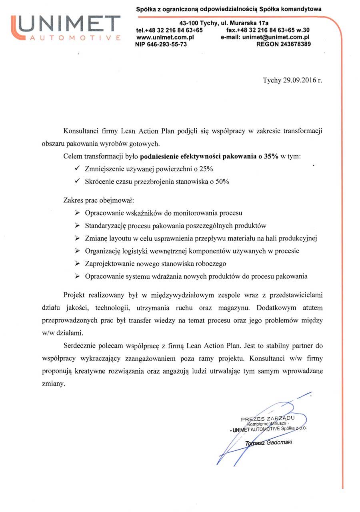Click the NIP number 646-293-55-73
pyautogui.click(x=170, y=44)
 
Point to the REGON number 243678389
pyautogui.click(x=294, y=44)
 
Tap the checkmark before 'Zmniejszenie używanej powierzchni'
pyautogui.click(x=77, y=169)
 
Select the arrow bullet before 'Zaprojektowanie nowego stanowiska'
pyautogui.click(x=77, y=264)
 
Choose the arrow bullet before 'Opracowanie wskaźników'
pyautogui.click(x=77, y=213)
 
